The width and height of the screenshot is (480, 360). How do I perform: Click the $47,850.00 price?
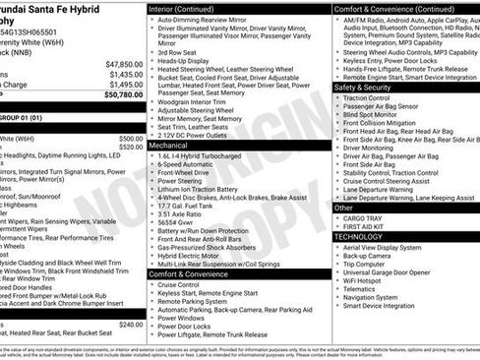124,64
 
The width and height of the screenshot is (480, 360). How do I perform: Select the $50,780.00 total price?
122,95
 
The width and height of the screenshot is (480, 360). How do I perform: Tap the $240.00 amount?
130,325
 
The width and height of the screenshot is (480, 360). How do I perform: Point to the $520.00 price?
130,149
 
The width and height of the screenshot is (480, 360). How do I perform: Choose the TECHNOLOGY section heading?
358,237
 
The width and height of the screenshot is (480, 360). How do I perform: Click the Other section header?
343,208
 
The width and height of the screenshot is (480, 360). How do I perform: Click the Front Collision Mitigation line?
391,123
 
